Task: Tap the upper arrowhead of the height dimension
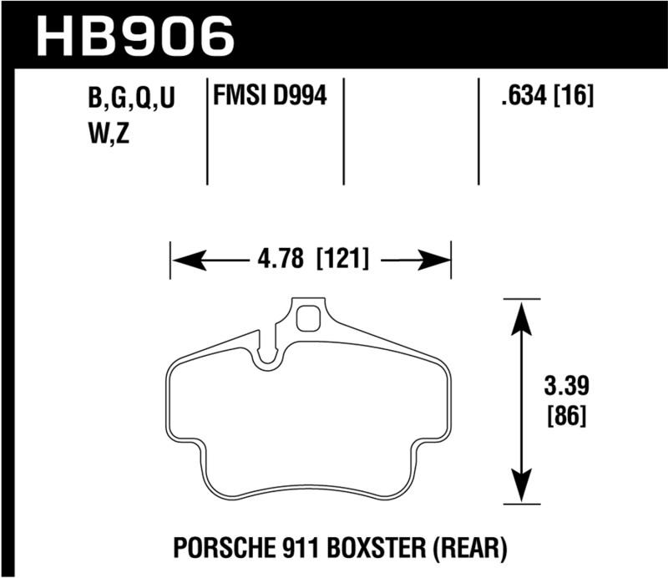(x=521, y=316)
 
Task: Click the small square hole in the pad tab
(x=309, y=319)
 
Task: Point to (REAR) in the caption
(x=475, y=549)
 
